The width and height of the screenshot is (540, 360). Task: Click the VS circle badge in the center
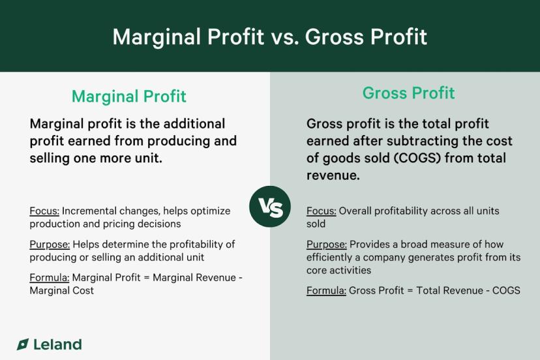270,207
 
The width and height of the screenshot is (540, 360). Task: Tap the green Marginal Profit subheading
129,97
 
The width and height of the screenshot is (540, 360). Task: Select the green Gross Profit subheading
408,93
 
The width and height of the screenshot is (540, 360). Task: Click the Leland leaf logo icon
23,344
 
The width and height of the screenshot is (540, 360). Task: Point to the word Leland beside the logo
57,344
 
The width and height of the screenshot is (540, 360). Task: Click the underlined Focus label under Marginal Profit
44,211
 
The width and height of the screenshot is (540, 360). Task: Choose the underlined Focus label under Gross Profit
322,211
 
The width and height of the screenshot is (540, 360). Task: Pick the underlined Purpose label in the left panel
50,245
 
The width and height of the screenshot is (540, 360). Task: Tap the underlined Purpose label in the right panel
327,245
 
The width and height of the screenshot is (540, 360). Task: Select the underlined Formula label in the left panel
50,278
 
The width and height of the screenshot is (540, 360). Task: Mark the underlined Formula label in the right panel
326,291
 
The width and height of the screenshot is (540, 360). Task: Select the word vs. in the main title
284,37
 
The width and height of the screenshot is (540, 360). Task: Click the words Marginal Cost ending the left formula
62,291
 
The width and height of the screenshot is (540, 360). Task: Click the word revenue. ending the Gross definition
333,175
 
